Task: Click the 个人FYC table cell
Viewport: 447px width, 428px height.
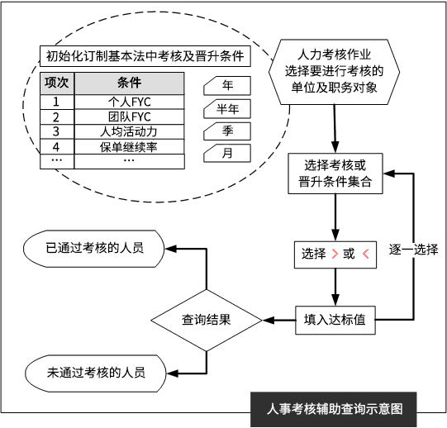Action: click(129, 102)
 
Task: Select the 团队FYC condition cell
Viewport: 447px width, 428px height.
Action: click(129, 117)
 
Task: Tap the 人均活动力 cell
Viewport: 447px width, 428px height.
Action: click(129, 131)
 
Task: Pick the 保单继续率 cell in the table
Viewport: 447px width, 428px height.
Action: click(129, 147)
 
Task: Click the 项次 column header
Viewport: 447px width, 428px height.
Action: click(57, 83)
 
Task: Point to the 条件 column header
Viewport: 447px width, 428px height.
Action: click(129, 83)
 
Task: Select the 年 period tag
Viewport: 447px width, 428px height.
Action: click(227, 86)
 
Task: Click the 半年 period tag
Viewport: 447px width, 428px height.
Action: click(227, 108)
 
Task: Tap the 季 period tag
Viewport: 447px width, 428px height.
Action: click(227, 131)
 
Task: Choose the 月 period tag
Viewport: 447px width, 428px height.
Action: click(227, 153)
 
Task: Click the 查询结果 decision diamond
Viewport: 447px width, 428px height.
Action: click(207, 321)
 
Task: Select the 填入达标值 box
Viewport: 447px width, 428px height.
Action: click(335, 320)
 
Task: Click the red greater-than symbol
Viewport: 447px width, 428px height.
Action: click(335, 254)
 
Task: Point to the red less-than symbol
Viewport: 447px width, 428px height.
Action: click(366, 254)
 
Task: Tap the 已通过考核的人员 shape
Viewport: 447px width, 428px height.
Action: click(94, 249)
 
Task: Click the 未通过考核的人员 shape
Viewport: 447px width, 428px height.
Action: click(96, 373)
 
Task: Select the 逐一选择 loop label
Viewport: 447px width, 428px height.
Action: click(414, 250)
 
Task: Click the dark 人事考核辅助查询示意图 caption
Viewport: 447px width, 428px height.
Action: click(334, 410)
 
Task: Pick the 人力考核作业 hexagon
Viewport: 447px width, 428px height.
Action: click(334, 72)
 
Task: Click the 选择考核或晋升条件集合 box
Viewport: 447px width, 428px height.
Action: click(335, 174)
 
